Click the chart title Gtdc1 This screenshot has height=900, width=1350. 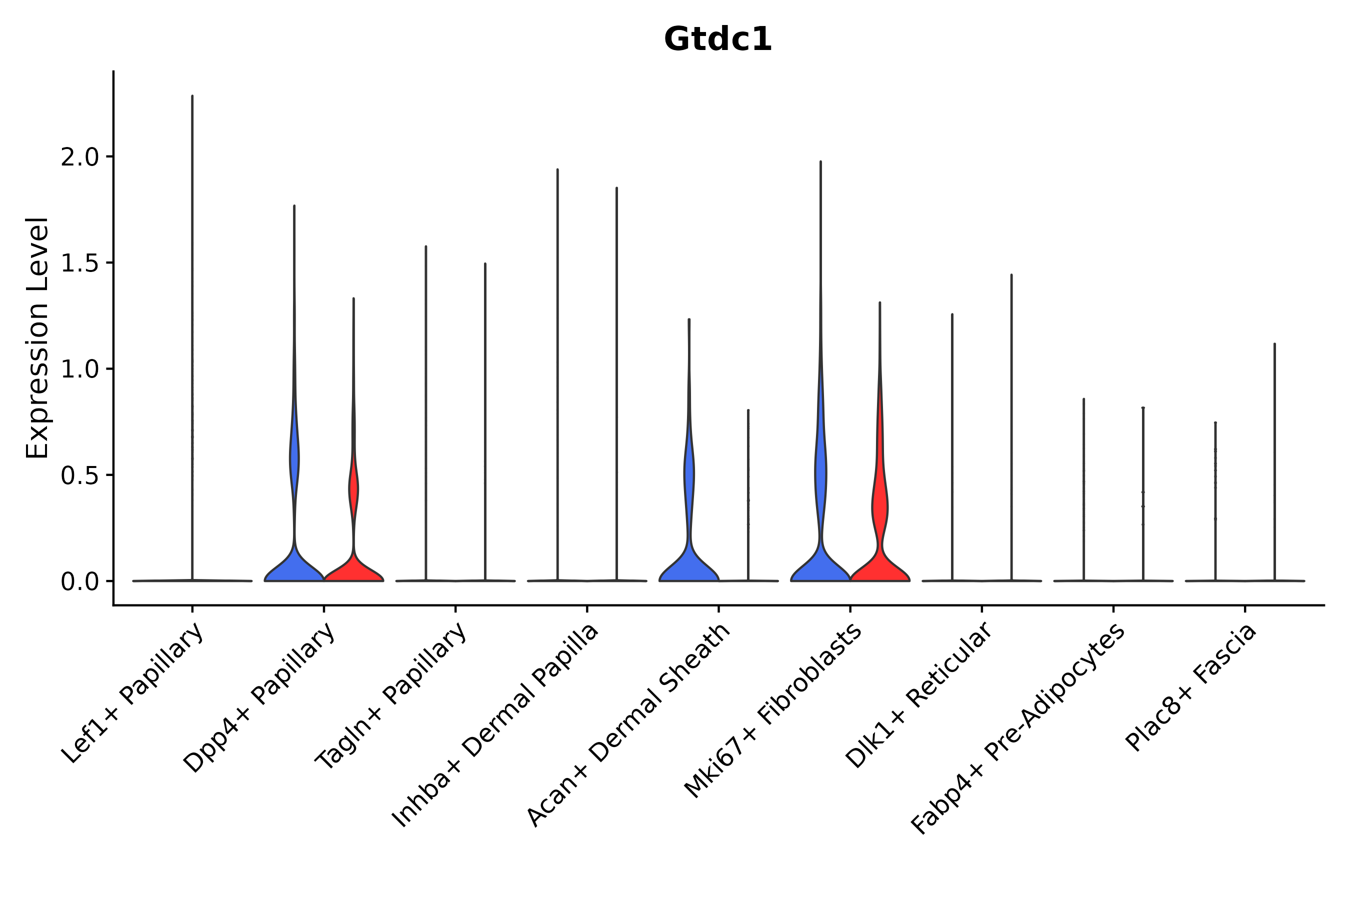click(717, 39)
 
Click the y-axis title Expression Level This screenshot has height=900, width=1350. click(38, 337)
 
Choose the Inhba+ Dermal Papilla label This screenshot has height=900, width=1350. click(495, 726)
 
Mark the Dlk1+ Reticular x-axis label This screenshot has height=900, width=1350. click(918, 695)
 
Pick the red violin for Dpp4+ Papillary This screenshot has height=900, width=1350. click(353, 568)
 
